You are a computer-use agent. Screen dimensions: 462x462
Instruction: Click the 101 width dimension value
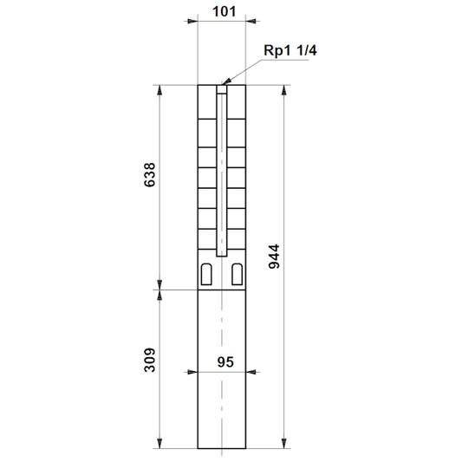click(224, 12)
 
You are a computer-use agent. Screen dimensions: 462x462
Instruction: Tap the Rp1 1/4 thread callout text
click(290, 50)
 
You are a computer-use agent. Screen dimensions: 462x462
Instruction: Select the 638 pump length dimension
click(149, 174)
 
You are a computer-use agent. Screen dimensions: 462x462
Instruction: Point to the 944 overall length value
click(274, 257)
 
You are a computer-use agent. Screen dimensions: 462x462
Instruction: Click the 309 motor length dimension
click(149, 360)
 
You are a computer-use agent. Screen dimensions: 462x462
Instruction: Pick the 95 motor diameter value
click(225, 362)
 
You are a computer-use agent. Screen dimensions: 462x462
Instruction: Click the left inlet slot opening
click(206, 274)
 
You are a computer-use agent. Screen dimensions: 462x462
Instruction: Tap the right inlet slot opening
click(238, 274)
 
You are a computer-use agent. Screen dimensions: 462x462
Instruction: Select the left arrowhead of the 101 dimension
click(192, 21)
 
